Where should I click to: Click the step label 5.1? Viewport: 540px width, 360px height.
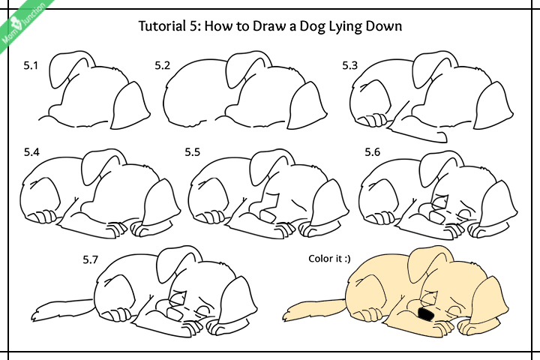click(x=31, y=66)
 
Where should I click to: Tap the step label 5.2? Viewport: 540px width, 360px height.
click(x=163, y=66)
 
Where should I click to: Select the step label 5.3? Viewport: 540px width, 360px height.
click(x=350, y=66)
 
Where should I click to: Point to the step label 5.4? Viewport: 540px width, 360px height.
click(x=31, y=152)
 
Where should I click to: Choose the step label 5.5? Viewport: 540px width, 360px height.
click(x=193, y=152)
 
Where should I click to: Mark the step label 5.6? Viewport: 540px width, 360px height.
click(x=373, y=152)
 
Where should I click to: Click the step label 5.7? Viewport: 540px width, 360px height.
click(x=90, y=259)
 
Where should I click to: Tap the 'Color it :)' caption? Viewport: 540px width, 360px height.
click(x=329, y=259)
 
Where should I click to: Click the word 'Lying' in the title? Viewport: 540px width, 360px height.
click(x=345, y=27)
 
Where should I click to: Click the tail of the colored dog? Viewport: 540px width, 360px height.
click(x=307, y=309)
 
